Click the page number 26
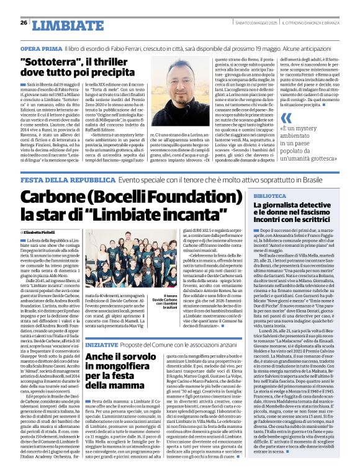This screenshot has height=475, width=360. [x=24, y=23]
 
